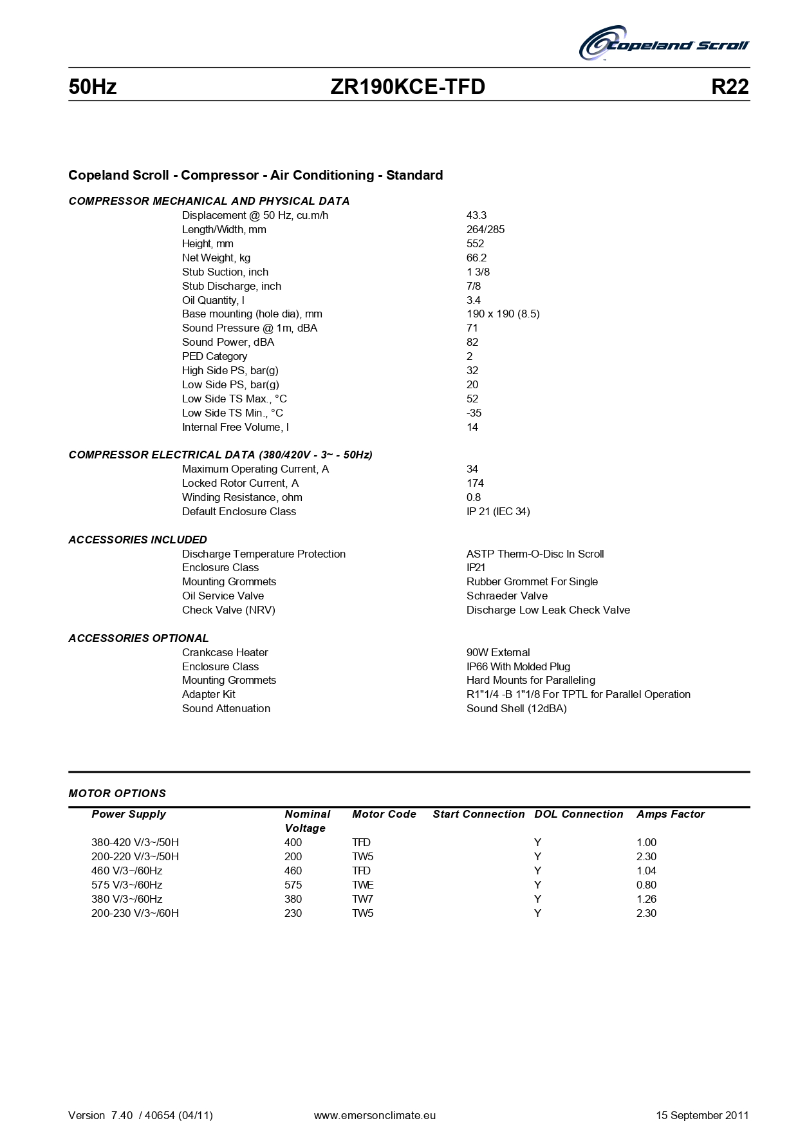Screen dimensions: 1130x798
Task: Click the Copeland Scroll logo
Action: [x=663, y=44]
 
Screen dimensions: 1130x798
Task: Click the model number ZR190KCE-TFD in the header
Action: [x=407, y=87]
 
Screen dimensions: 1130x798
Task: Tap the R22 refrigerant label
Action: [x=730, y=87]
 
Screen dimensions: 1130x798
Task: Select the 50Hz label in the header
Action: [x=93, y=87]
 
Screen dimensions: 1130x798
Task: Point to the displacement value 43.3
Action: [x=476, y=215]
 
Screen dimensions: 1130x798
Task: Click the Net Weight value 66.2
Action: [x=476, y=258]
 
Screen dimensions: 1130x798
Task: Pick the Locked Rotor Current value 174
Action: [x=475, y=483]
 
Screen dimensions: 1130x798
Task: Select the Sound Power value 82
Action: [x=472, y=342]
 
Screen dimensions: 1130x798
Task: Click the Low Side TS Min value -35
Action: [x=474, y=413]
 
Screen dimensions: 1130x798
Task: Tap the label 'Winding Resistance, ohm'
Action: [x=242, y=497]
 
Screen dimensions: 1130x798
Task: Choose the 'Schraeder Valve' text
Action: [x=507, y=596]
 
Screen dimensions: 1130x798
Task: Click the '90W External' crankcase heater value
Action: [x=498, y=652]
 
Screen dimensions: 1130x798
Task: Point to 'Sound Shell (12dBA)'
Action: [x=517, y=708]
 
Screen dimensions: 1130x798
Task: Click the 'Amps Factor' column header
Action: [x=671, y=814]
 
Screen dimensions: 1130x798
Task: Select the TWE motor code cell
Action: [x=363, y=885]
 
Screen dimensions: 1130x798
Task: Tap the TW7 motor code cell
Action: [x=363, y=899]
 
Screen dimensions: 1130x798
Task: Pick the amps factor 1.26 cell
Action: [x=646, y=899]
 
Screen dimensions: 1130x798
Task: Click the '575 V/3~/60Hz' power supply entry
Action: [x=127, y=885]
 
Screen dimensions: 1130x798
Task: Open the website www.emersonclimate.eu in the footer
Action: [x=375, y=1115]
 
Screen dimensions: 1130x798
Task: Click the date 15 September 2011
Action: [x=702, y=1115]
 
